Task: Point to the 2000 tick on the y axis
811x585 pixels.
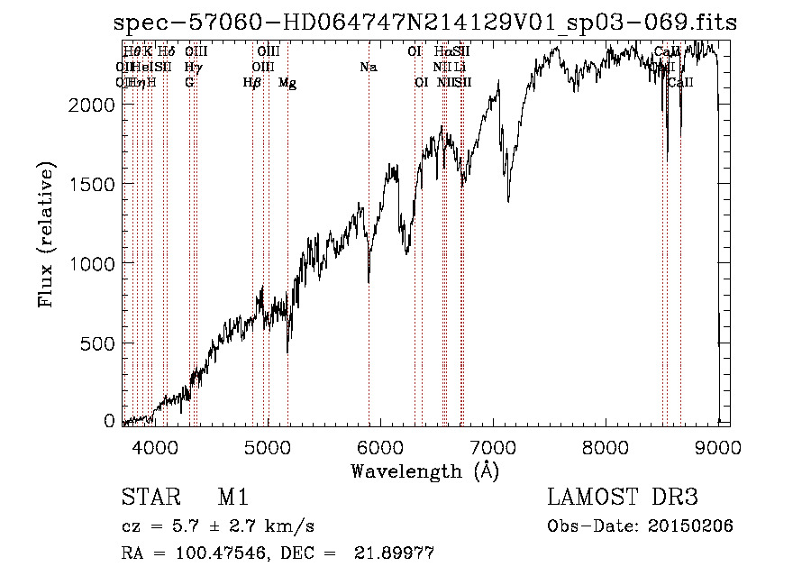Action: [93, 105]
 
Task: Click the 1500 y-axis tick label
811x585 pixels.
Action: [93, 184]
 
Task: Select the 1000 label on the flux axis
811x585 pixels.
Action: [93, 263]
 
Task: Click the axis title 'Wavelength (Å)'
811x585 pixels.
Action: [424, 471]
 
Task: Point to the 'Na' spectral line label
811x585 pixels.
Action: [368, 68]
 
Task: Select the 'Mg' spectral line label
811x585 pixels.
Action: [287, 83]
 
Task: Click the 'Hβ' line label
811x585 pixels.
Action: [252, 83]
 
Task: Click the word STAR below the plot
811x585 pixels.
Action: [147, 498]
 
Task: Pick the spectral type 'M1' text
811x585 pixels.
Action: [232, 498]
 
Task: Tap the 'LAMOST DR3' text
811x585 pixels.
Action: [623, 498]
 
